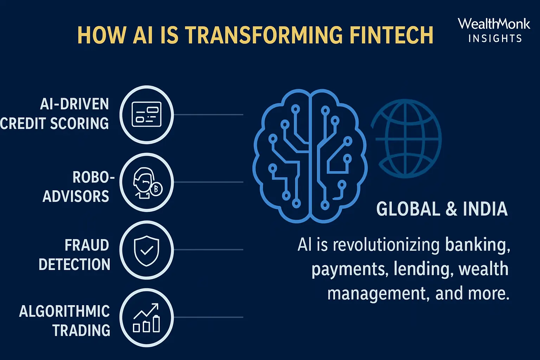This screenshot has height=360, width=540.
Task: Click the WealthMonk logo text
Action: (x=494, y=24)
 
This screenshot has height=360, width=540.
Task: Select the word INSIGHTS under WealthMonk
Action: (x=495, y=38)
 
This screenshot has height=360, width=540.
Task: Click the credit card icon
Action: (x=147, y=115)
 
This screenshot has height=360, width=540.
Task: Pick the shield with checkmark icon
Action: (x=147, y=250)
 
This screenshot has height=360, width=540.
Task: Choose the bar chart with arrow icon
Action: (x=147, y=318)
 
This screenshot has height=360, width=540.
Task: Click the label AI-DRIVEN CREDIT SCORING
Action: (x=56, y=114)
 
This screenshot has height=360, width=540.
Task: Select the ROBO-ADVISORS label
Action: (x=77, y=187)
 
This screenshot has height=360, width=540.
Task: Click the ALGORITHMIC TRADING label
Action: (x=65, y=321)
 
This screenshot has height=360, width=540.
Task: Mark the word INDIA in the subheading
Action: (x=485, y=209)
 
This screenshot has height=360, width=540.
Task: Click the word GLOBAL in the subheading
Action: (x=408, y=209)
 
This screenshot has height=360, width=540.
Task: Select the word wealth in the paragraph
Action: (x=483, y=269)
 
